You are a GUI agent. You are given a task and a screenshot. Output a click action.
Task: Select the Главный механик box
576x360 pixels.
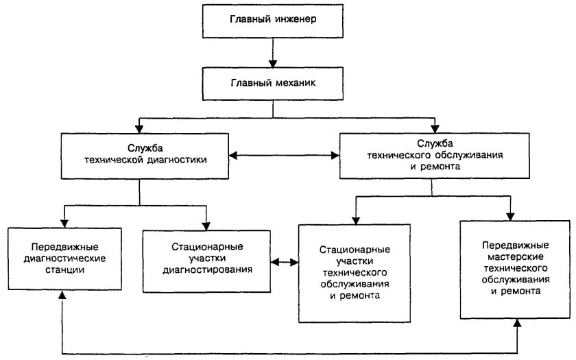click(274, 83)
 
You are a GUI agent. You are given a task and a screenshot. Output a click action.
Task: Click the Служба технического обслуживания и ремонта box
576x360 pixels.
click(433, 156)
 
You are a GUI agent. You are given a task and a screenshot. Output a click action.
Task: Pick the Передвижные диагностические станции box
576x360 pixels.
click(62, 257)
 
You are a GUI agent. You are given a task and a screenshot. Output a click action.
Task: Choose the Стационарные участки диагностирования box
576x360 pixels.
click(207, 257)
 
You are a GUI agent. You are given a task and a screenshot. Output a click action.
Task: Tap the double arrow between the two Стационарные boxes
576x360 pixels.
click(285, 262)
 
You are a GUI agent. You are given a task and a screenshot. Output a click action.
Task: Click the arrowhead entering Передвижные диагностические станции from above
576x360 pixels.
click(62, 224)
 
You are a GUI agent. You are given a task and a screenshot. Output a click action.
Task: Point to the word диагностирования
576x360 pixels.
click(207, 269)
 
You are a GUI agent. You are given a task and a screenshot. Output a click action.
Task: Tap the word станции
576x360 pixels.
click(62, 270)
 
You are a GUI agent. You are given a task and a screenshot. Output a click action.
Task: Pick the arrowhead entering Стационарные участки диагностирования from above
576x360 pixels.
click(206, 224)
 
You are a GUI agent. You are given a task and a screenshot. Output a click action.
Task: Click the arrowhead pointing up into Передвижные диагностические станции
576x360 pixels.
click(62, 296)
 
